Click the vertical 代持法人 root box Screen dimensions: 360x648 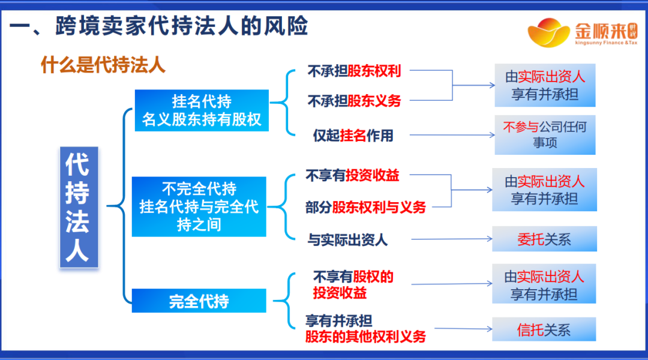78,207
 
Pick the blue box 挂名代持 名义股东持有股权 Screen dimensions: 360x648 202,110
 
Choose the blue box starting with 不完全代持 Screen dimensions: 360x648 199,206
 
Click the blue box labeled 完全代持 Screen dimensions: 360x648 199,301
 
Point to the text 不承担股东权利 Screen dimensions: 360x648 354,71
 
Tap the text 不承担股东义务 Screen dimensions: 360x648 354,101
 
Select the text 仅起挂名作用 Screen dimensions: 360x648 353,136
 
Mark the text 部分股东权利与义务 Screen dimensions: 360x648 365,207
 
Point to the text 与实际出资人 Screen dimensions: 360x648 347,240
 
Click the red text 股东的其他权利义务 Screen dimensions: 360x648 365,337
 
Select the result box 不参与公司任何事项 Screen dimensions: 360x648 545,135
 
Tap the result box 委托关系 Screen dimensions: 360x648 544,239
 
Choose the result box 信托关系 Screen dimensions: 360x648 544,329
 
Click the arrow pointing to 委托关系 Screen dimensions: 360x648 450,240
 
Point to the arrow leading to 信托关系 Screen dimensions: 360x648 462,329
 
